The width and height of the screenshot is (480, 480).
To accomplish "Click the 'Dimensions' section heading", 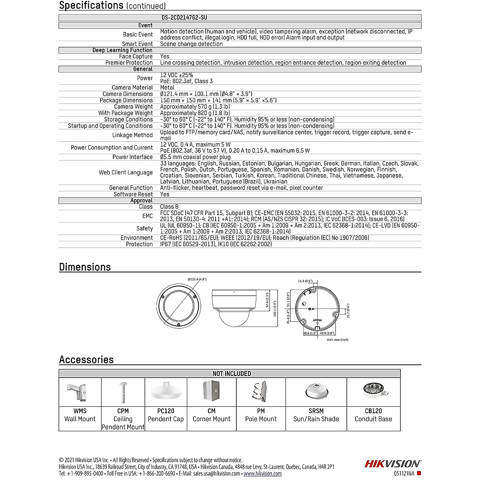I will (85, 267).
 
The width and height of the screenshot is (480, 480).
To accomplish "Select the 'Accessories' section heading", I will (86, 360).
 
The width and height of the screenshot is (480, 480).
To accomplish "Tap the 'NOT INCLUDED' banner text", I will (232, 374).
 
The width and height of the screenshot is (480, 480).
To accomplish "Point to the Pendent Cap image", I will (166, 392).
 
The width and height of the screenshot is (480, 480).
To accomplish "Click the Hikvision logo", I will (392, 464).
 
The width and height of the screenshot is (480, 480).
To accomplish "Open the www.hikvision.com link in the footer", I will (262, 474).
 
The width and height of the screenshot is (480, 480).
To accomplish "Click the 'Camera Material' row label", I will (132, 88).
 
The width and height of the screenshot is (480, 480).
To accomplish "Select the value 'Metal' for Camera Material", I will (167, 88).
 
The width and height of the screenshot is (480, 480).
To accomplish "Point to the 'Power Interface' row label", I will (132, 157).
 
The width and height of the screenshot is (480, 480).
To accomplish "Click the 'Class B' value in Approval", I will (169, 207).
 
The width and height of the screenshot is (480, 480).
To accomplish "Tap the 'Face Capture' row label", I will (136, 56).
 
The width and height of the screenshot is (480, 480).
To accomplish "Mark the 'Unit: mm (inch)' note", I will (337, 340).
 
